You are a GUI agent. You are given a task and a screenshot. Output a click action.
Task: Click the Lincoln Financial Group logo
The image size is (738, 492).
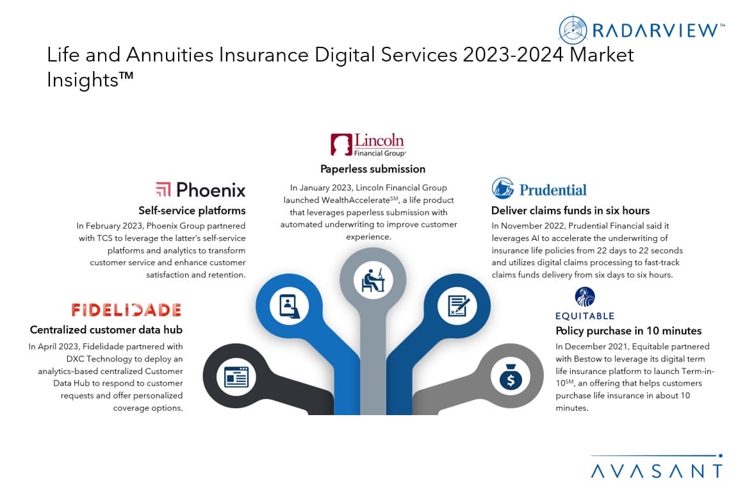point(368,145)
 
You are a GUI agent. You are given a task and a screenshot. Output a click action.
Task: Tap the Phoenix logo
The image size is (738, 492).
point(201,190)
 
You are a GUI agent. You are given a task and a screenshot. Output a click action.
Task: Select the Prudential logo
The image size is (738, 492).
point(539,189)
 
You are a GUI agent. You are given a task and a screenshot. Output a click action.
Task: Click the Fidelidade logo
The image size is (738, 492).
point(126,310)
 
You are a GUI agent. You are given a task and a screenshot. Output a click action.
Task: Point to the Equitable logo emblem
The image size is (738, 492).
point(585,297)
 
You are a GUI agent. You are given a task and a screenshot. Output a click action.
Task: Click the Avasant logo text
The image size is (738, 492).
point(657,471)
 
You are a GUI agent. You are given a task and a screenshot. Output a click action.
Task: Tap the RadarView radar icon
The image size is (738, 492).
point(573,29)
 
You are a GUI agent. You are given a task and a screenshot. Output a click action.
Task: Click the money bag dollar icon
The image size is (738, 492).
point(511,377)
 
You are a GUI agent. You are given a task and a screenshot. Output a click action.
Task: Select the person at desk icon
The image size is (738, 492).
point(373,280)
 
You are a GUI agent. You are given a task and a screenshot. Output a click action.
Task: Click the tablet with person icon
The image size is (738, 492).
point(289,306)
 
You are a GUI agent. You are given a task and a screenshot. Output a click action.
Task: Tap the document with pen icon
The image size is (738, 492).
point(457,306)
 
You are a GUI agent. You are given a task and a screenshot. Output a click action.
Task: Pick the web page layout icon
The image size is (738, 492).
point(236,377)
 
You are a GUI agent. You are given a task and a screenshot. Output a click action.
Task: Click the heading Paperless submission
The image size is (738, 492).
point(373,169)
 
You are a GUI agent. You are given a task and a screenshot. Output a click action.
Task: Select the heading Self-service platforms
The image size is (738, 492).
point(192,211)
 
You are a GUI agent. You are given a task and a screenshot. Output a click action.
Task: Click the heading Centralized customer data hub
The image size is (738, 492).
point(106,329)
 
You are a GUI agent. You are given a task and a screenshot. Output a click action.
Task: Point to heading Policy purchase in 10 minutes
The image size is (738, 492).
point(628,331)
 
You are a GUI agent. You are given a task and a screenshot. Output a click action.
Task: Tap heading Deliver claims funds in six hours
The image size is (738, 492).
point(570,211)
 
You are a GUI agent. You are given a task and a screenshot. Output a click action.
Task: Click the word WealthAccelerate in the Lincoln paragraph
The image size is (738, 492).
point(356,200)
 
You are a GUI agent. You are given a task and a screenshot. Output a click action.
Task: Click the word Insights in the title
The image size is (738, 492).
point(83,80)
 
